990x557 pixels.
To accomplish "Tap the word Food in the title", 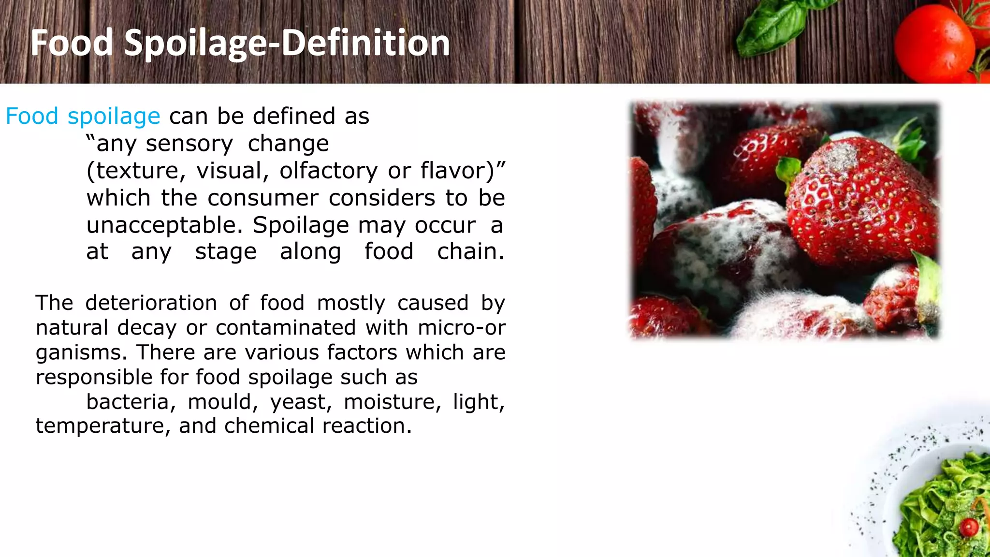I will (x=72, y=43).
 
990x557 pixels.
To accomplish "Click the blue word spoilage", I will (x=114, y=117).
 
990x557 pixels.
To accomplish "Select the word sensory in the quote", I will (x=189, y=144).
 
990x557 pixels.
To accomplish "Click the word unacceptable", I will (x=164, y=225).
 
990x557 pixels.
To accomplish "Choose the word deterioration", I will (x=151, y=303).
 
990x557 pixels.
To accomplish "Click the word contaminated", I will (x=286, y=328).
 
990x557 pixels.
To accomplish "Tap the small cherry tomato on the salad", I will (x=969, y=527).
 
